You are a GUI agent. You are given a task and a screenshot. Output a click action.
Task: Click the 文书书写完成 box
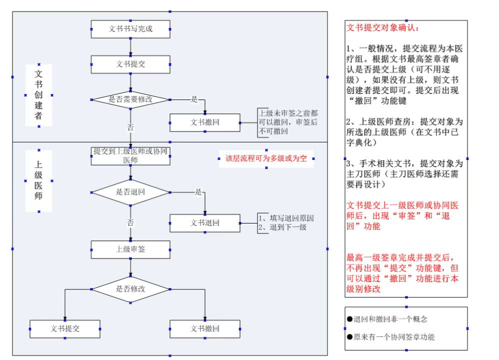pyautogui.click(x=130, y=29)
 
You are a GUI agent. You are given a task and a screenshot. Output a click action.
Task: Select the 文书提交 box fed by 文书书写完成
pyautogui.click(x=130, y=64)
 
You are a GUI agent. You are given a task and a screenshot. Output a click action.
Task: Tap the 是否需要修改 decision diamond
pyautogui.click(x=130, y=99)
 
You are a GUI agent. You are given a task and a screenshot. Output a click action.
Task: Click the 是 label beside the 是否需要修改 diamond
pyautogui.click(x=194, y=99)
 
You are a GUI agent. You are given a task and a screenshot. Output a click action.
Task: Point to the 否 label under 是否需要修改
pyautogui.click(x=130, y=127)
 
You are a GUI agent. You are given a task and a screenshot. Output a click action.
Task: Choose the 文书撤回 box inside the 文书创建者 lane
pyautogui.click(x=205, y=122)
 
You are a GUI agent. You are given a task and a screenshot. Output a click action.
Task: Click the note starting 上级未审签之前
pyautogui.click(x=287, y=122)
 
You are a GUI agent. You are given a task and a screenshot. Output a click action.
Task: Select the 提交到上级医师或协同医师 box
pyautogui.click(x=130, y=155)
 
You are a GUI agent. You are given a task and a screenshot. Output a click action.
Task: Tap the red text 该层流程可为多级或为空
pyautogui.click(x=266, y=159)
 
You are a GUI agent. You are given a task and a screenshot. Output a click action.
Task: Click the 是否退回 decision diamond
pyautogui.click(x=130, y=192)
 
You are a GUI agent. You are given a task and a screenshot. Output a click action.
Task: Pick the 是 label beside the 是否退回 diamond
pyautogui.click(x=198, y=192)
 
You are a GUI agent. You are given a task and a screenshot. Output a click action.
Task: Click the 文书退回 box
pyautogui.click(x=205, y=223)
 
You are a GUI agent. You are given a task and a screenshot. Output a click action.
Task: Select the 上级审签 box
pyautogui.click(x=130, y=249)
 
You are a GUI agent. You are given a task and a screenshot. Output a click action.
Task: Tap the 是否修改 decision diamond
pyautogui.click(x=130, y=289)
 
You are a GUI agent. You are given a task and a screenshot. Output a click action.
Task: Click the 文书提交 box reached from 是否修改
pyautogui.click(x=65, y=329)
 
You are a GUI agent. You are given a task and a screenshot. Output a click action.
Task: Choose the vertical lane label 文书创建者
pyautogui.click(x=38, y=95)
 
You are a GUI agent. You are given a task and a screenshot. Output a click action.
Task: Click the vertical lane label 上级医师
pyautogui.click(x=38, y=180)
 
